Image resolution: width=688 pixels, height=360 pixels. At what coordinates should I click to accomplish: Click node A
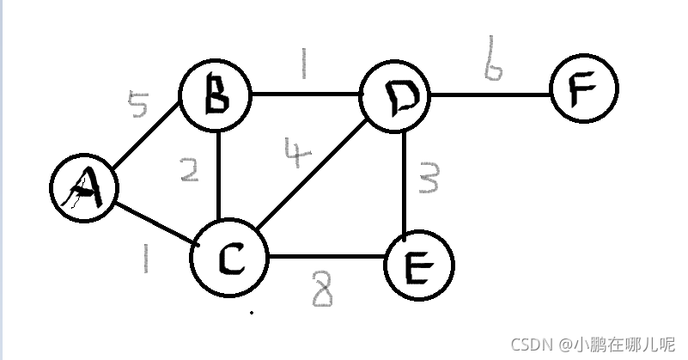(83, 190)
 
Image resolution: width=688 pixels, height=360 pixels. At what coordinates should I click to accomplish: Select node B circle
(215, 95)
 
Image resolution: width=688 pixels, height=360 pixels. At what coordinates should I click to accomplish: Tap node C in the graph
(228, 257)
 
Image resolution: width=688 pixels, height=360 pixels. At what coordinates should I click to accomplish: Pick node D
(396, 97)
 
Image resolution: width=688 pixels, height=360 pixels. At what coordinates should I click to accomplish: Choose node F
(583, 88)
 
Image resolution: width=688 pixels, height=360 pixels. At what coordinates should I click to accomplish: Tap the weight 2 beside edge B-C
(190, 171)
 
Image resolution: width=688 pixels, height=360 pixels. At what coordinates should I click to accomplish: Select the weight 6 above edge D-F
(491, 59)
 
